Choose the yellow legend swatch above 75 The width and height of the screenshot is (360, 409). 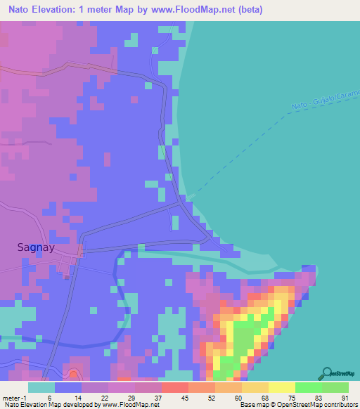281,387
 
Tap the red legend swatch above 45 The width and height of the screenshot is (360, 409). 174,387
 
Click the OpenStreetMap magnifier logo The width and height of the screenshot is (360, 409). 326,374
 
